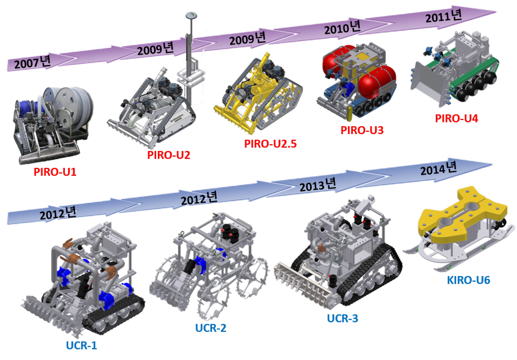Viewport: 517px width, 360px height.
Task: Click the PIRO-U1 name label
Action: (55, 172)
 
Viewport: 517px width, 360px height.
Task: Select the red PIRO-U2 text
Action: (169, 155)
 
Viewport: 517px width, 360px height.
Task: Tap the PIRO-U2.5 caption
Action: (271, 144)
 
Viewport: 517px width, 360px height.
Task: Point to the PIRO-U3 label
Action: (362, 130)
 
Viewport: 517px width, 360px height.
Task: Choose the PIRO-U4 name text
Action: (456, 118)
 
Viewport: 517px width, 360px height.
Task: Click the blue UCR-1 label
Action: (81, 345)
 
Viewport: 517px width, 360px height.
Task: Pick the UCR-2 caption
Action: (211, 328)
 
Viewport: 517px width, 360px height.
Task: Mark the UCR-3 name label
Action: (342, 318)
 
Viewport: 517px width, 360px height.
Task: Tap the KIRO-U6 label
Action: (468, 280)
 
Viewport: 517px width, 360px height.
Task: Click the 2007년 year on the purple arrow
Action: (32, 62)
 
